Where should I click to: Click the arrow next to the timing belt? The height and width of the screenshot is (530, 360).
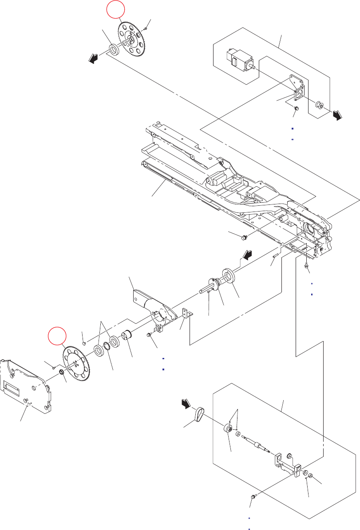[x=185, y=404]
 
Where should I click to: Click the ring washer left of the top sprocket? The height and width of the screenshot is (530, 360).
[x=114, y=49]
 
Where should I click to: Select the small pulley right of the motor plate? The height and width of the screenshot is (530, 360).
[x=318, y=105]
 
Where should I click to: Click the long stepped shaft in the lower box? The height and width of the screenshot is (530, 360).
[x=257, y=444]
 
